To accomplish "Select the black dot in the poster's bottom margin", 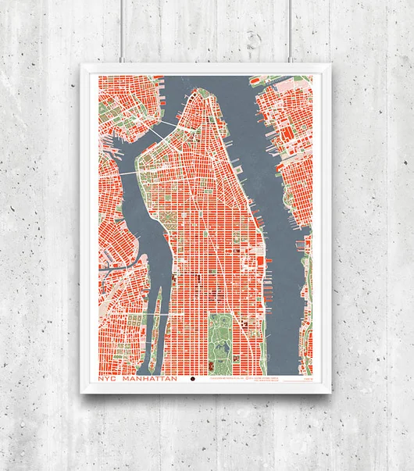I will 194,380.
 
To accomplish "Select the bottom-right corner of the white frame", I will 329,395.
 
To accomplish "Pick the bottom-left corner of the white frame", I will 83,395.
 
